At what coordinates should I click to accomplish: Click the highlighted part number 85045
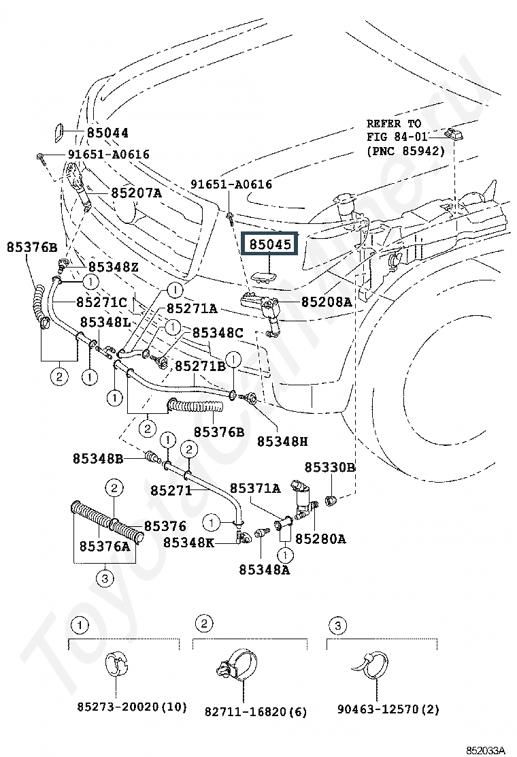271,245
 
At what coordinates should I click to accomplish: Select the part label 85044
107,133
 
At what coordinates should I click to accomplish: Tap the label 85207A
137,193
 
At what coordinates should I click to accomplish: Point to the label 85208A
327,302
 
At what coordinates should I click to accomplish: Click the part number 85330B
329,467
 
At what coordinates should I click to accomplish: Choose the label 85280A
320,538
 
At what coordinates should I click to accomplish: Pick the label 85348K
188,543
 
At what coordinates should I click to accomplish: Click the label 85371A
254,489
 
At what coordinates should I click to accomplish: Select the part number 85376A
105,546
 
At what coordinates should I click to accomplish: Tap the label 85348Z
114,267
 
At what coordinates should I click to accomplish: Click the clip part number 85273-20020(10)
132,707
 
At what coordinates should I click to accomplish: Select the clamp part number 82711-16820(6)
256,711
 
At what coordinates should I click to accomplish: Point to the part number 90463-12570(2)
388,709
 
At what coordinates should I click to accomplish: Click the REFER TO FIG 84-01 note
405,137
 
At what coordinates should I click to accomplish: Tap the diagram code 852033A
485,750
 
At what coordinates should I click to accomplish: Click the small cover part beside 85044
57,133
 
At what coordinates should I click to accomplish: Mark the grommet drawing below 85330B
331,500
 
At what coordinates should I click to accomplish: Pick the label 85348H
282,441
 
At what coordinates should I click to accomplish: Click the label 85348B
98,458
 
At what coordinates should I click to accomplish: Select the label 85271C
102,303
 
